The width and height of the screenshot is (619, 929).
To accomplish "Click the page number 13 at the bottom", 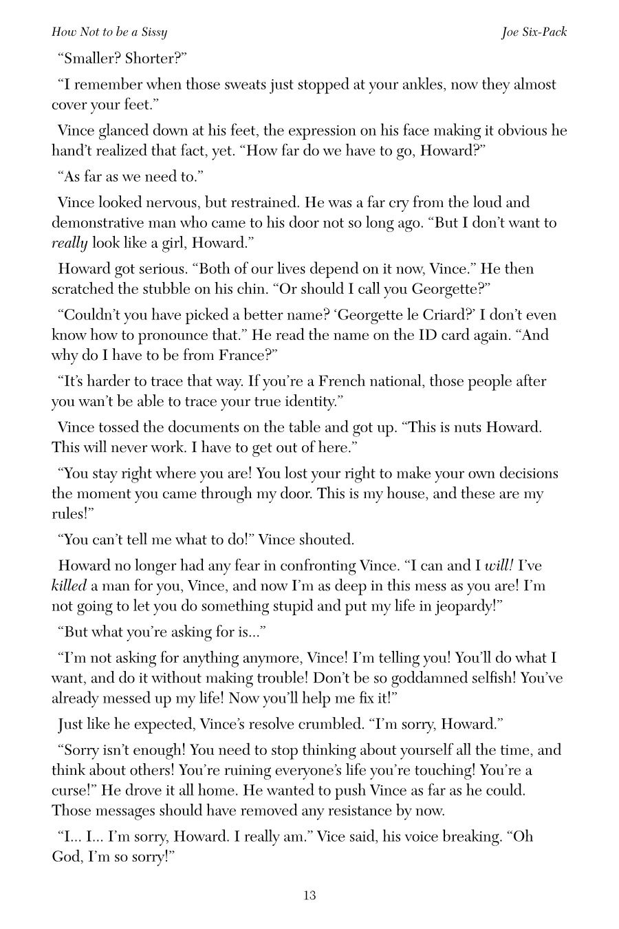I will (309, 895).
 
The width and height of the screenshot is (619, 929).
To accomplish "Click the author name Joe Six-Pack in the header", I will (534, 32).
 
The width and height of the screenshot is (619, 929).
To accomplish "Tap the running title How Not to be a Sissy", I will (109, 32).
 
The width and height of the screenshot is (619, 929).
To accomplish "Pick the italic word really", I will (69, 243).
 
